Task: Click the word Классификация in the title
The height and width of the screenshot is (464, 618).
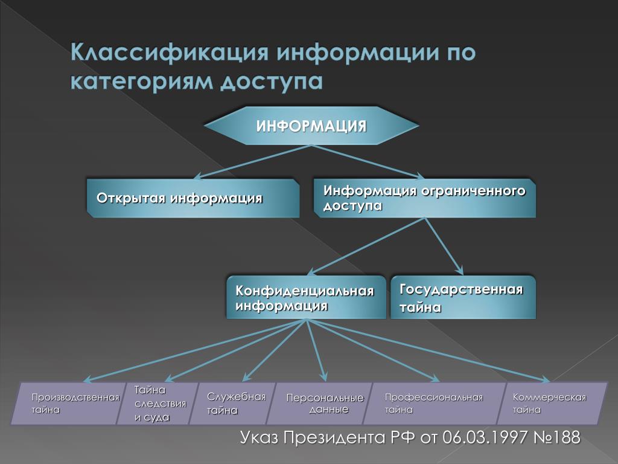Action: pyautogui.click(x=170, y=53)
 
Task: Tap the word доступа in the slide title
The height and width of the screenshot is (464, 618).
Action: pyautogui.click(x=272, y=82)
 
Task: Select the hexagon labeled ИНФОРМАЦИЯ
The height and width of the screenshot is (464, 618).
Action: pyautogui.click(x=311, y=126)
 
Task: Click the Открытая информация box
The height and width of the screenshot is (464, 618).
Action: pyautogui.click(x=193, y=198)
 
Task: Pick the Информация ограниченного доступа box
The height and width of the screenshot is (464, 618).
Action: pyautogui.click(x=424, y=198)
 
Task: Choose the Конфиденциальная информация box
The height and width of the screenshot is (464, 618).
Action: pyautogui.click(x=306, y=297)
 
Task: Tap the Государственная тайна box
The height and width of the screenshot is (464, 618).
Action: pyautogui.click(x=463, y=297)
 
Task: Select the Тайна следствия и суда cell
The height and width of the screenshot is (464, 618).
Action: pyautogui.click(x=158, y=403)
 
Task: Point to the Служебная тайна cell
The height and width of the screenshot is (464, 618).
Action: pyautogui.click(x=232, y=403)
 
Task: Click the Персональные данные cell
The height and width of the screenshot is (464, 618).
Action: pyautogui.click(x=319, y=403)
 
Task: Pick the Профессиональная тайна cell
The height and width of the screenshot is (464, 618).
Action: pyautogui.click(x=435, y=403)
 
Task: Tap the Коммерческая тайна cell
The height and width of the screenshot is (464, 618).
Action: pyautogui.click(x=553, y=403)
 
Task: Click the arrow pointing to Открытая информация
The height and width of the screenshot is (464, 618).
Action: pyautogui.click(x=253, y=162)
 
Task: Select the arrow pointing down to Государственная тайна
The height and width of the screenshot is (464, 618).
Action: pyautogui.click(x=444, y=246)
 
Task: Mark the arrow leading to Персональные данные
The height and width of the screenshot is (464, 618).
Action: pyautogui.click(x=316, y=350)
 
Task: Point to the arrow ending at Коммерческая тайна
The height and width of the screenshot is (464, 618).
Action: pyautogui.click(x=428, y=350)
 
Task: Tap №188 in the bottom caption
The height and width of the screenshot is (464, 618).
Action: pyautogui.click(x=557, y=437)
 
